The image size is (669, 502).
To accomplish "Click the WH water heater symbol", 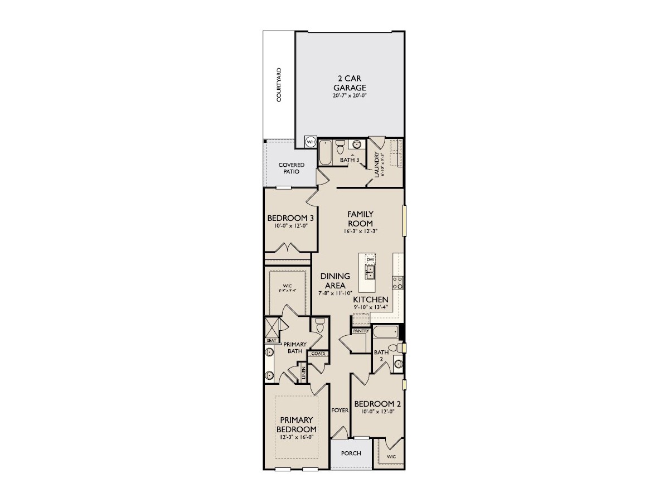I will point(310,142).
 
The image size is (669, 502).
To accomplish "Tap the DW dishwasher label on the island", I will point(370,259).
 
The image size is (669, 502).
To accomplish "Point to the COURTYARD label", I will point(279,85).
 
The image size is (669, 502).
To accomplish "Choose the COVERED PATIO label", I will point(292,168).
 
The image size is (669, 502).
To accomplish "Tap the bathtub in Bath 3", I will point(326,149).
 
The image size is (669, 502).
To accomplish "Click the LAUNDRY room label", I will point(377,165).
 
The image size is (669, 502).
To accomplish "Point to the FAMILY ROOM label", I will point(360,219).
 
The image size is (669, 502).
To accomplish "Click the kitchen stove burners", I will point(398,283).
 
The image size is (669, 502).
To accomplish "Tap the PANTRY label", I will point(361,331).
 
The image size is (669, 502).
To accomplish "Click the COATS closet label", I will point(318,353).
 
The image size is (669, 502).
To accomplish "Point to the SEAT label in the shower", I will point(272,340).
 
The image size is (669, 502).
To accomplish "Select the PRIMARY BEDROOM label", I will point(297,424).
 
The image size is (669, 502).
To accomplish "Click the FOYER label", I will point(340,410).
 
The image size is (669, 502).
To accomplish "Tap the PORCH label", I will point(351,453).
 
